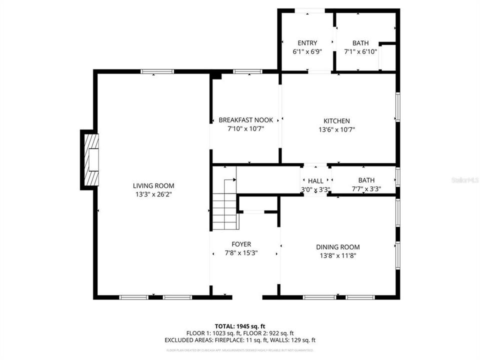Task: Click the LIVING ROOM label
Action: pos(153,185)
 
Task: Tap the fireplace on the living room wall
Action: pos(90,160)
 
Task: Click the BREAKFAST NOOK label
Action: pos(245,120)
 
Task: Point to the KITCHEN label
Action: pos(336,121)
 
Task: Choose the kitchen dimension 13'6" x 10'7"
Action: pos(336,129)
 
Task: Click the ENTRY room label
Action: pos(307,43)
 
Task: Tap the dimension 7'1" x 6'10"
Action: pos(360,51)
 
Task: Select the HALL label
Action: pos(315,181)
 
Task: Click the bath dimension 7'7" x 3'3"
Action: pos(366,189)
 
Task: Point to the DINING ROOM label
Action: pos(337,247)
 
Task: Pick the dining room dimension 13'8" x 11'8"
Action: pos(337,255)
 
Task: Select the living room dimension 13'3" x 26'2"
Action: pos(153,194)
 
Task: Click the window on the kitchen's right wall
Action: pos(398,106)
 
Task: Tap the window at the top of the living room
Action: pos(157,72)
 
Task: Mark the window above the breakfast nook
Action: pos(247,72)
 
